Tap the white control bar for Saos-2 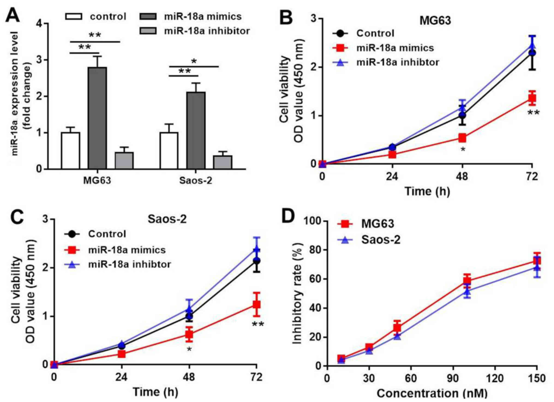click(169, 151)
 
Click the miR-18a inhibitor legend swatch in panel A click(148, 31)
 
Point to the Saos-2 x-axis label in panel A click(196, 181)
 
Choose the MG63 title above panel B click(435, 20)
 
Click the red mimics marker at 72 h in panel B click(532, 98)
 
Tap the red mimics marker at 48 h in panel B click(462, 138)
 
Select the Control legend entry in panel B click(375, 33)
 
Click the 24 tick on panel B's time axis click(392, 177)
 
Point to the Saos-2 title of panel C click(167, 219)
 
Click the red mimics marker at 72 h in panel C click(256, 305)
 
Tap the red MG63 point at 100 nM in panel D click(467, 280)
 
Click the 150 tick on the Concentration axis click(537, 379)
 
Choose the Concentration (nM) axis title click(432, 394)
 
